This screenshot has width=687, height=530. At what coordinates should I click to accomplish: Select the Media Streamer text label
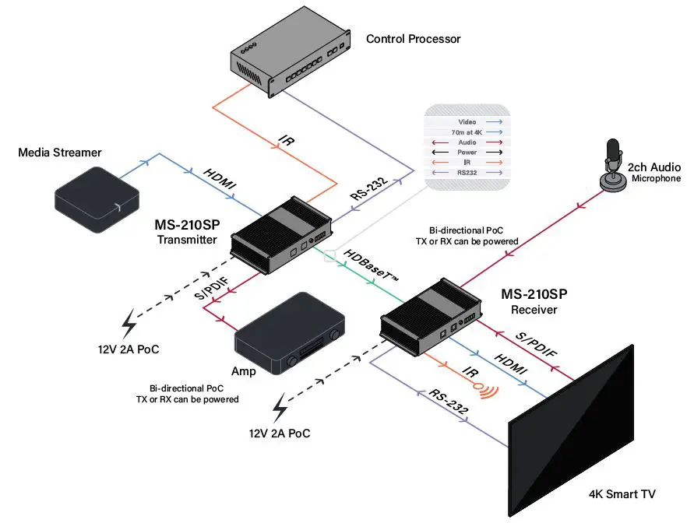click(60, 153)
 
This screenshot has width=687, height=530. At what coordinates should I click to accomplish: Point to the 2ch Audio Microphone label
click(654, 172)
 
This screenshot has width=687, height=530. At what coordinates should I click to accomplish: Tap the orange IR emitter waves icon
click(488, 391)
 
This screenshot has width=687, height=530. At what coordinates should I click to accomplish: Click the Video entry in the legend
click(467, 122)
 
